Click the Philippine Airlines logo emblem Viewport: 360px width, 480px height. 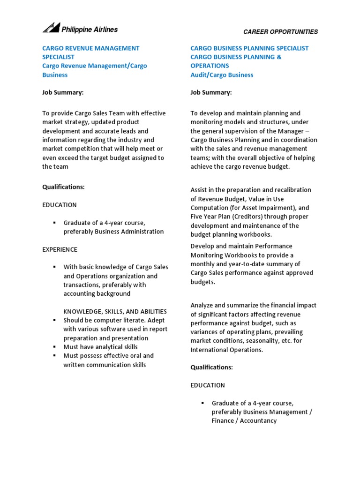click(x=51, y=28)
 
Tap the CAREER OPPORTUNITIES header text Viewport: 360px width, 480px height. click(x=280, y=32)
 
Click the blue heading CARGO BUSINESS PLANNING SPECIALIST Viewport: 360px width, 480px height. click(x=249, y=48)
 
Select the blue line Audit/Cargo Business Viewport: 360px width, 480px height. click(x=222, y=75)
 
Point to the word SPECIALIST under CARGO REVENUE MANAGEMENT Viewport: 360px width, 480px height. click(x=58, y=57)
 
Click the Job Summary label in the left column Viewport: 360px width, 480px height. click(x=63, y=92)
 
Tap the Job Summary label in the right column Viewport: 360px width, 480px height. click(x=211, y=92)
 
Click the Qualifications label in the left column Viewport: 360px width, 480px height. click(x=63, y=187)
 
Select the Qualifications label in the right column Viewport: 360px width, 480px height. click(x=211, y=367)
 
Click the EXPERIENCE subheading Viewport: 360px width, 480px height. click(x=60, y=249)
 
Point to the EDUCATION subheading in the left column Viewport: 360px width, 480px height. click(x=60, y=205)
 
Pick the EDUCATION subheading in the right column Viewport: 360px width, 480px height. click(x=208, y=385)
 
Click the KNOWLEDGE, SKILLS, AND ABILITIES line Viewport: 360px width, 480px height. click(x=115, y=312)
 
